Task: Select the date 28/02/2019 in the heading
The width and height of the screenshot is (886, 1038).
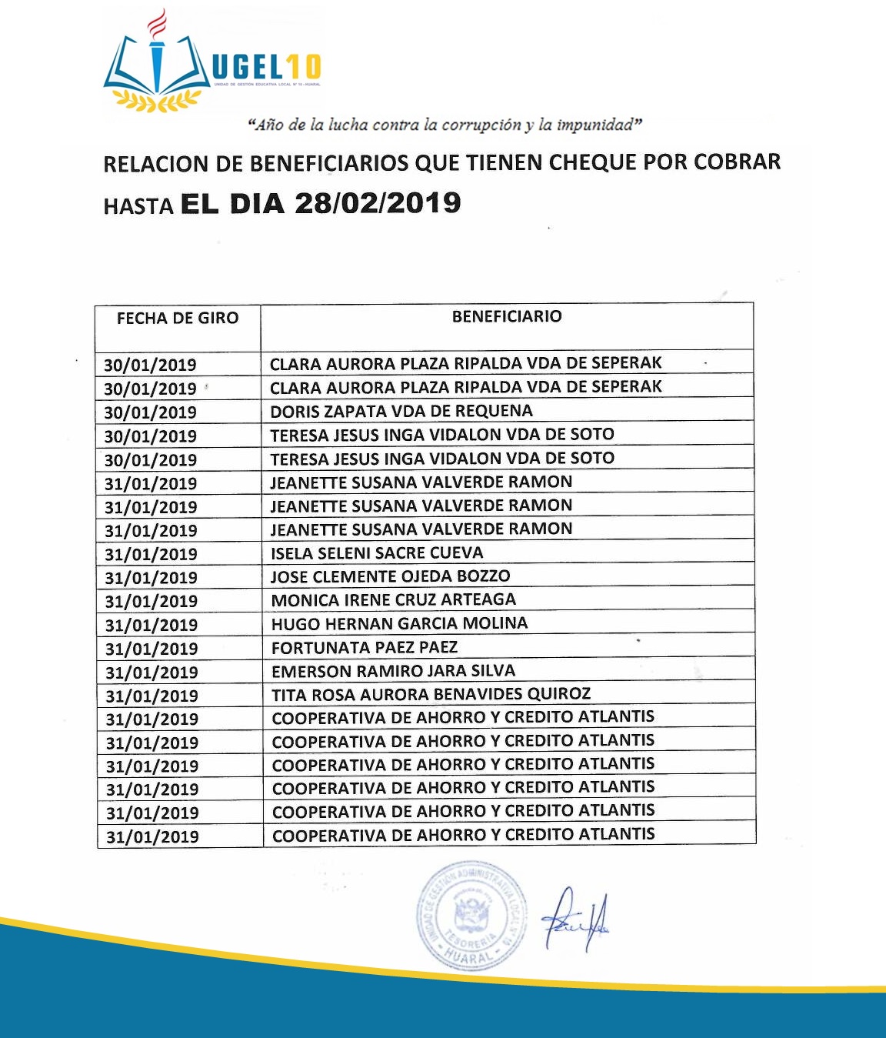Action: tap(378, 203)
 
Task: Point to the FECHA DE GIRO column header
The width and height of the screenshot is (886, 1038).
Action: tap(178, 318)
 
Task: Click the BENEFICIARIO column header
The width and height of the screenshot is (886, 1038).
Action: tap(507, 316)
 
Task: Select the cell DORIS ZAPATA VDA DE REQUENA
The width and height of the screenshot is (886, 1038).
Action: tap(401, 411)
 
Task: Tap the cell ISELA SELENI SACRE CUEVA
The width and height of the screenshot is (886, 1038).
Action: tap(377, 552)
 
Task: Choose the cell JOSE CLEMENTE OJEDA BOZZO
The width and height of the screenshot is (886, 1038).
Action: tap(390, 576)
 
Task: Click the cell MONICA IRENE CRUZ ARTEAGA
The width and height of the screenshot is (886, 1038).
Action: tap(394, 600)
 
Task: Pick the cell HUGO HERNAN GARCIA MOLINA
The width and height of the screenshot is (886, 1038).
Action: tap(399, 623)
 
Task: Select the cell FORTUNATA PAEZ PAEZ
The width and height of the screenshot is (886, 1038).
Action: tap(365, 647)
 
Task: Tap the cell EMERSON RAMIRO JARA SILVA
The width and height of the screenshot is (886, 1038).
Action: tap(393, 671)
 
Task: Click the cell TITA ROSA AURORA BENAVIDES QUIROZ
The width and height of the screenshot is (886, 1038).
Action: tap(431, 695)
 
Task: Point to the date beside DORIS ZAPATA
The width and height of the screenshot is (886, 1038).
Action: tap(151, 412)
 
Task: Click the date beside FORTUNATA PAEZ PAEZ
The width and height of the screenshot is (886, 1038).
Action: tap(152, 649)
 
